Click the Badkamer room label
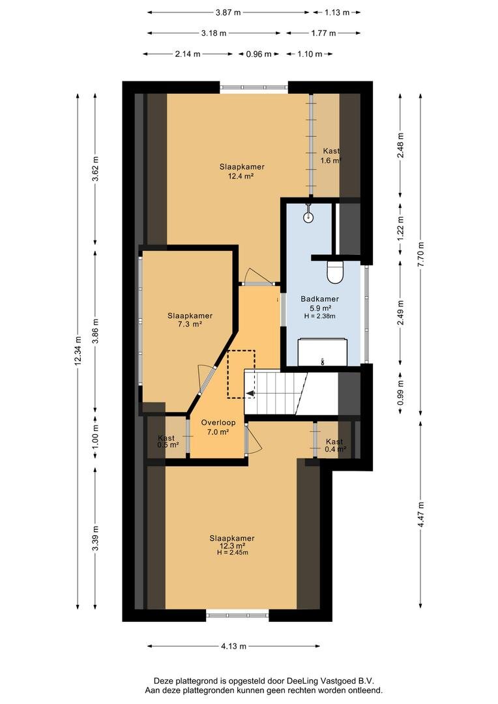point(320,299)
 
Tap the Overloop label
point(218,422)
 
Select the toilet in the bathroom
point(335,272)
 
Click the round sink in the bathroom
point(308,217)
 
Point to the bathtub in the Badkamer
point(323,351)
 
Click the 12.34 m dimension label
point(79,351)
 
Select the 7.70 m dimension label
point(420,255)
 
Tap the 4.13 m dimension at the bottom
point(233,646)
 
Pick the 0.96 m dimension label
point(259,54)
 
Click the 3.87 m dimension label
point(228,12)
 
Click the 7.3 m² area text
point(190,324)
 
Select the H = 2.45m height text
point(233,552)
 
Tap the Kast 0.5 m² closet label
point(168,441)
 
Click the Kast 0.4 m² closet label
point(336,445)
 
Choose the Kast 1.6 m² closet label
point(331,155)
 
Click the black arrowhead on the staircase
point(250,394)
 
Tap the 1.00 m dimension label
point(95,436)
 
